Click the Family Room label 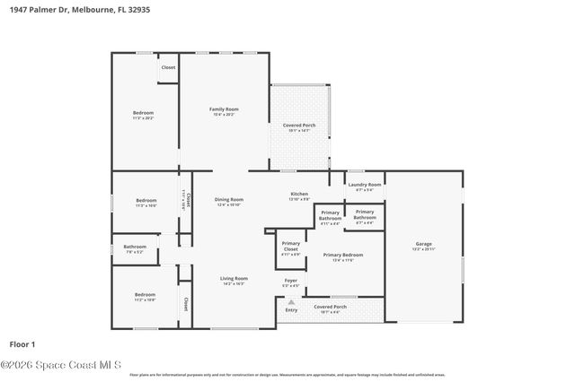tap(226, 109)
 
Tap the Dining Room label tap(230, 200)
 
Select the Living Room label tap(234, 279)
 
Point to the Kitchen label tap(299, 194)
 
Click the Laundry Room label tap(365, 185)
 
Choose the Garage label tap(423, 244)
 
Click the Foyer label tap(291, 281)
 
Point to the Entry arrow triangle tap(290, 302)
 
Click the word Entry tap(291, 310)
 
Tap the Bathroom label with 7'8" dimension tap(135, 247)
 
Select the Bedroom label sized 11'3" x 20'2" tap(144, 113)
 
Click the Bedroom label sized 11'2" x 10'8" tap(144, 295)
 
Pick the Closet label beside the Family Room tap(168, 67)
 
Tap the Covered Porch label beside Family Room tap(298, 126)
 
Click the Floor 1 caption tap(22, 343)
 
